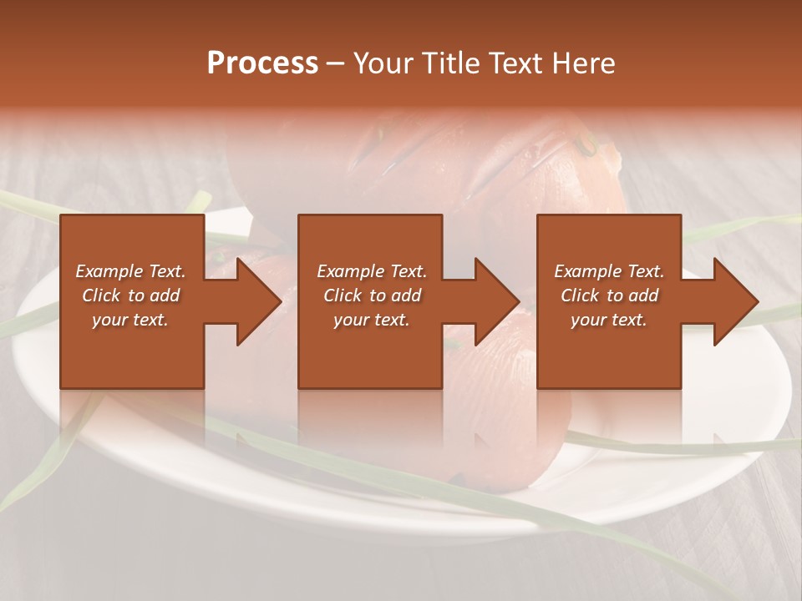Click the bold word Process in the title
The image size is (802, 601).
tap(262, 63)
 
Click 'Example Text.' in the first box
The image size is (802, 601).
tap(130, 271)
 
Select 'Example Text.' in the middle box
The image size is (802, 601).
tap(372, 271)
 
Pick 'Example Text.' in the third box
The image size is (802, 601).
tap(609, 271)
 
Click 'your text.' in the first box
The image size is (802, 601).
tap(130, 320)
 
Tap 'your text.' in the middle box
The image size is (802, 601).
tap(372, 320)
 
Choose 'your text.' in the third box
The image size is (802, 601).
tap(609, 320)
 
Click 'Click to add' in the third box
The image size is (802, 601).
tap(609, 295)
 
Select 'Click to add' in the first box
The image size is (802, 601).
tap(130, 295)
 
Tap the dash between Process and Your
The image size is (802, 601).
tap(336, 63)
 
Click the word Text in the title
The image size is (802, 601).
tap(512, 63)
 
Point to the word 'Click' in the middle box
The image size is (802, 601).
tap(340, 295)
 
